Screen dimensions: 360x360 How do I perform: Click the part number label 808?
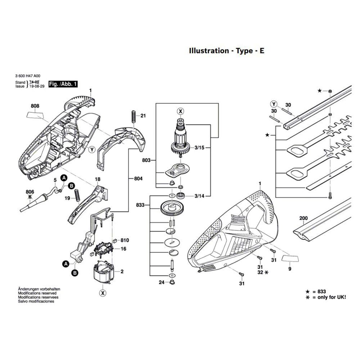click(35, 106)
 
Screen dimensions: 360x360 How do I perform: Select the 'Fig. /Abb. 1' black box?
click(63, 84)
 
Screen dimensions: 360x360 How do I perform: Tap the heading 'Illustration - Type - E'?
click(227, 51)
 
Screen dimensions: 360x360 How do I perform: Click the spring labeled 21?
click(133, 116)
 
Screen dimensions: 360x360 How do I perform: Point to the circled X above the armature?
click(180, 111)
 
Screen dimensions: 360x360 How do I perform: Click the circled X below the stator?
click(103, 293)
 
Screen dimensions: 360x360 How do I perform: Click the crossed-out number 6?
click(30, 197)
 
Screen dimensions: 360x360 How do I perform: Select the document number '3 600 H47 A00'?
click(28, 76)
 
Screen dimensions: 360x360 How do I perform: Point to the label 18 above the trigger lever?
click(97, 179)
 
